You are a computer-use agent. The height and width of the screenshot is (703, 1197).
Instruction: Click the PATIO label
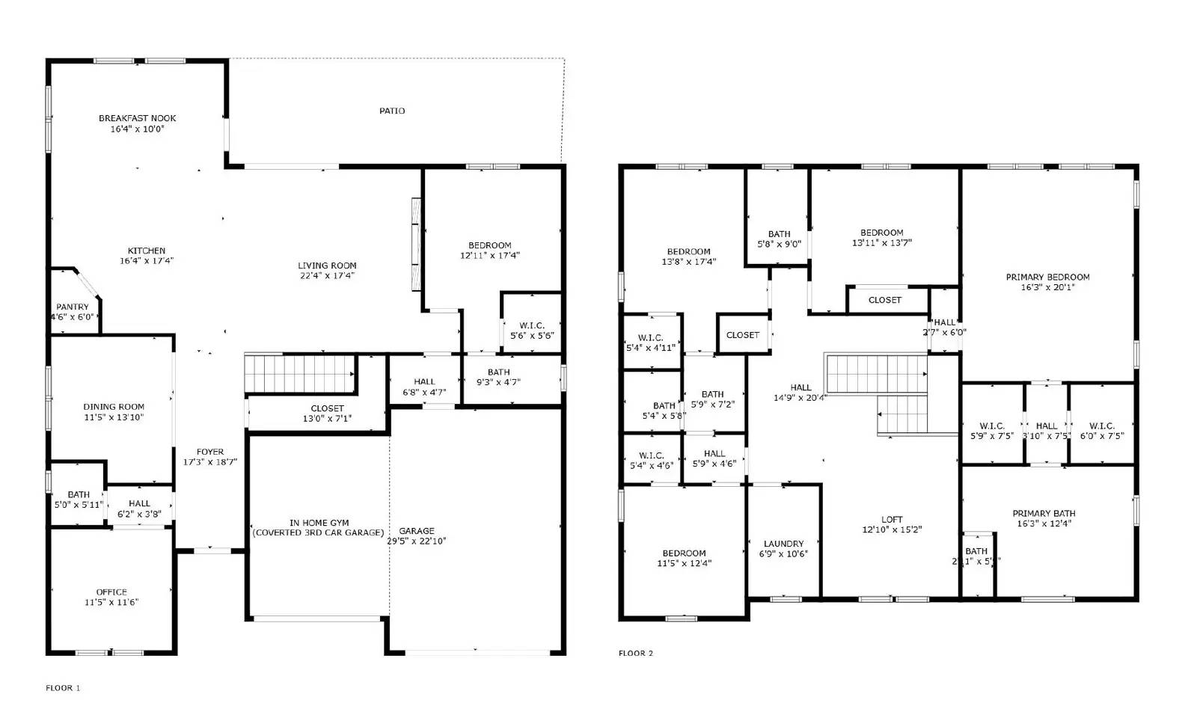tap(392, 111)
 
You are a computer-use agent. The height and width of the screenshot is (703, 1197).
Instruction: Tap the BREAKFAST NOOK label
tap(138, 118)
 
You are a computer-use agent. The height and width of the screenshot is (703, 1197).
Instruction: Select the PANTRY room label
tap(73, 307)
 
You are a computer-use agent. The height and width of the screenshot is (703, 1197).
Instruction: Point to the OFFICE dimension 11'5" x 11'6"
tap(111, 602)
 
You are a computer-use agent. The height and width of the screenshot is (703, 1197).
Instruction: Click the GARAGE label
tap(417, 531)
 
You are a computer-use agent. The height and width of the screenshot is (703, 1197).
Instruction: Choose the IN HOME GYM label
tap(319, 523)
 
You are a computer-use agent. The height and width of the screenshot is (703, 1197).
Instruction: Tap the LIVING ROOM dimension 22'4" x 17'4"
tap(327, 275)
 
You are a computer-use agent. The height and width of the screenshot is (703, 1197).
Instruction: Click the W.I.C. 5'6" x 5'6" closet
tap(532, 331)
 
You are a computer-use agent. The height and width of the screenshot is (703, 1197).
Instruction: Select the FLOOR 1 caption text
tap(63, 688)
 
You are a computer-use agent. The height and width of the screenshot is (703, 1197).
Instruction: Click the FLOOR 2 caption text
tap(636, 654)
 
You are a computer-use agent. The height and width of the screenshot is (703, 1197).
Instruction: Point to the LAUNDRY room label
tap(784, 544)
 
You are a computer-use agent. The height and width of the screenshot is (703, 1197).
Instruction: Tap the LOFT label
tap(892, 519)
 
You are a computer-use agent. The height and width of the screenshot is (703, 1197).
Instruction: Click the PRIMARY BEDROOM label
tap(1047, 277)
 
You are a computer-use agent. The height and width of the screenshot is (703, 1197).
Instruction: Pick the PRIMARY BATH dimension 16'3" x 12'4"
tap(1044, 524)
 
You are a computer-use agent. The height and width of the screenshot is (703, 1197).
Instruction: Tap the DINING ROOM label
tap(114, 407)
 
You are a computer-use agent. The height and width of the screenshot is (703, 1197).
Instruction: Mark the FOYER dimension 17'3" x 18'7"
tap(210, 462)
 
